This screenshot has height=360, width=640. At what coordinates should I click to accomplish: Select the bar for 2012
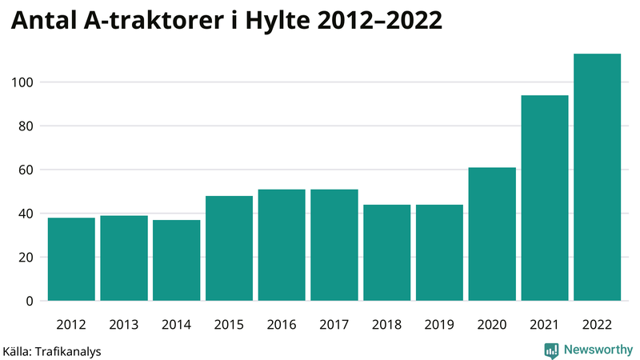point(71,259)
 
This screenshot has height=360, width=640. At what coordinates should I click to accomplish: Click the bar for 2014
point(177,260)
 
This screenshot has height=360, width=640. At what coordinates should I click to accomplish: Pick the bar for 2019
point(440,253)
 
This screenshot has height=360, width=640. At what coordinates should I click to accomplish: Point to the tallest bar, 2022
point(598,177)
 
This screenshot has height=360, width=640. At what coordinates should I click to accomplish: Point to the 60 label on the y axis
point(26,170)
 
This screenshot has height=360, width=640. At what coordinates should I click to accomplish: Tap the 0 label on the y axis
point(29,301)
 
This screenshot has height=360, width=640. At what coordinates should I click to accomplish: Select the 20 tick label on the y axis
point(26,258)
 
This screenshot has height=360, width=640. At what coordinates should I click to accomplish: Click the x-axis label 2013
point(124,325)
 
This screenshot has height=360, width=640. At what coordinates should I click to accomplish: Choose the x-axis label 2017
point(334,325)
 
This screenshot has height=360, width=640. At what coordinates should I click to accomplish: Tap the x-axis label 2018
point(387,325)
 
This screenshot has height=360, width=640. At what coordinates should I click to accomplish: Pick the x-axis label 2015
point(230,325)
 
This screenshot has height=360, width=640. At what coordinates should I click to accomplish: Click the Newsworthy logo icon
point(551,350)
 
